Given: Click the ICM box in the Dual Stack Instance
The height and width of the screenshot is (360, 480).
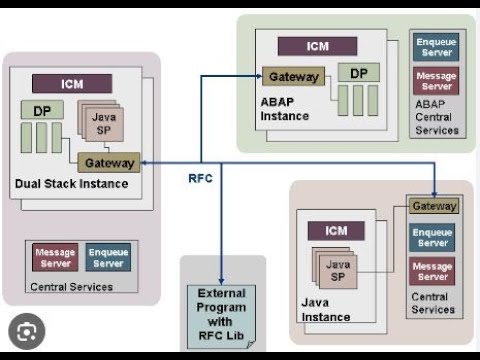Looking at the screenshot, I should point(71,83).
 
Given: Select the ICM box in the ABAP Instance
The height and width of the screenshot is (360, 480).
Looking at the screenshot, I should point(316,45).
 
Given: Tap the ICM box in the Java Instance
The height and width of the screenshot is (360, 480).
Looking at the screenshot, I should point(336,231).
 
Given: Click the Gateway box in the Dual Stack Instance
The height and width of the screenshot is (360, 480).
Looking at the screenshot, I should point(109,162).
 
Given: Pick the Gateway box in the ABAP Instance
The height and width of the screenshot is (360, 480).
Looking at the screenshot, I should point(294,77).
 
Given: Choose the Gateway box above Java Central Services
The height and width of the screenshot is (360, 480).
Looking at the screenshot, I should point(434,206).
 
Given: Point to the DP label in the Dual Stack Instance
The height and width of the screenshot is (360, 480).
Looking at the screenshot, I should point(41,110).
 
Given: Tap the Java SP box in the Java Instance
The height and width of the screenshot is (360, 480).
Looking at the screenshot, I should point(339,271).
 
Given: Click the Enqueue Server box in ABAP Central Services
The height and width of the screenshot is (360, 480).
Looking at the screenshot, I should point(435,45).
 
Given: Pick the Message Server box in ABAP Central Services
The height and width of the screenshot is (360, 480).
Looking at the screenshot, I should point(435,81).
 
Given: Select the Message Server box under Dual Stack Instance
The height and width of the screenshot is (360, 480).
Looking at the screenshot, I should point(55,258).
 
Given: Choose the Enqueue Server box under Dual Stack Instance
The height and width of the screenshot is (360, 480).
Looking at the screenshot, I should point(108,258).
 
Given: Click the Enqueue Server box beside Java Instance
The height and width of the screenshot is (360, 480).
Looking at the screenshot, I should point(433,237).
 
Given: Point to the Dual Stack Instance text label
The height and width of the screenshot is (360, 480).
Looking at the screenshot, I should point(71,184).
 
